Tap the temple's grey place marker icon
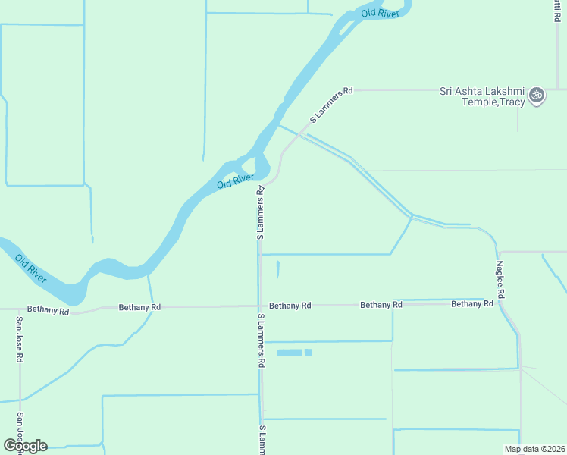(537, 96)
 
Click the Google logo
(24, 446)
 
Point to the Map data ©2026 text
(534, 448)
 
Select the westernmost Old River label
(31, 269)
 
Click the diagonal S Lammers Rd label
(331, 105)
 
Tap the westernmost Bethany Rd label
(48, 309)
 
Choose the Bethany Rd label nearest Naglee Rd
(471, 303)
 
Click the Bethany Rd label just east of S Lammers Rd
(290, 306)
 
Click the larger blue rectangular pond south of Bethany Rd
(290, 353)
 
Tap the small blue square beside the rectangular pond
(308, 353)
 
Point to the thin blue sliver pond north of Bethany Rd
(277, 270)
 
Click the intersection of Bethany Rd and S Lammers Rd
(259, 306)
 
